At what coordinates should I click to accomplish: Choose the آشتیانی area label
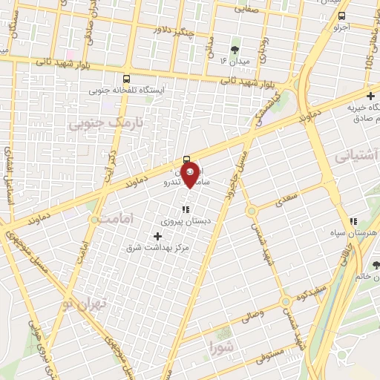[x=357, y=155]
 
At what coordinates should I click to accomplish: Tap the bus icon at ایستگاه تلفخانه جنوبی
[x=126, y=79]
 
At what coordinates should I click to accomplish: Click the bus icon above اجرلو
[x=341, y=16]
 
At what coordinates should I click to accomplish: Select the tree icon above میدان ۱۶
[x=235, y=50]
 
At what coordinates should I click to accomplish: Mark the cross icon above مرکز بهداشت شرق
[x=157, y=235]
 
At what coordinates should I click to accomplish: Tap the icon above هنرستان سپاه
[x=353, y=220]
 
